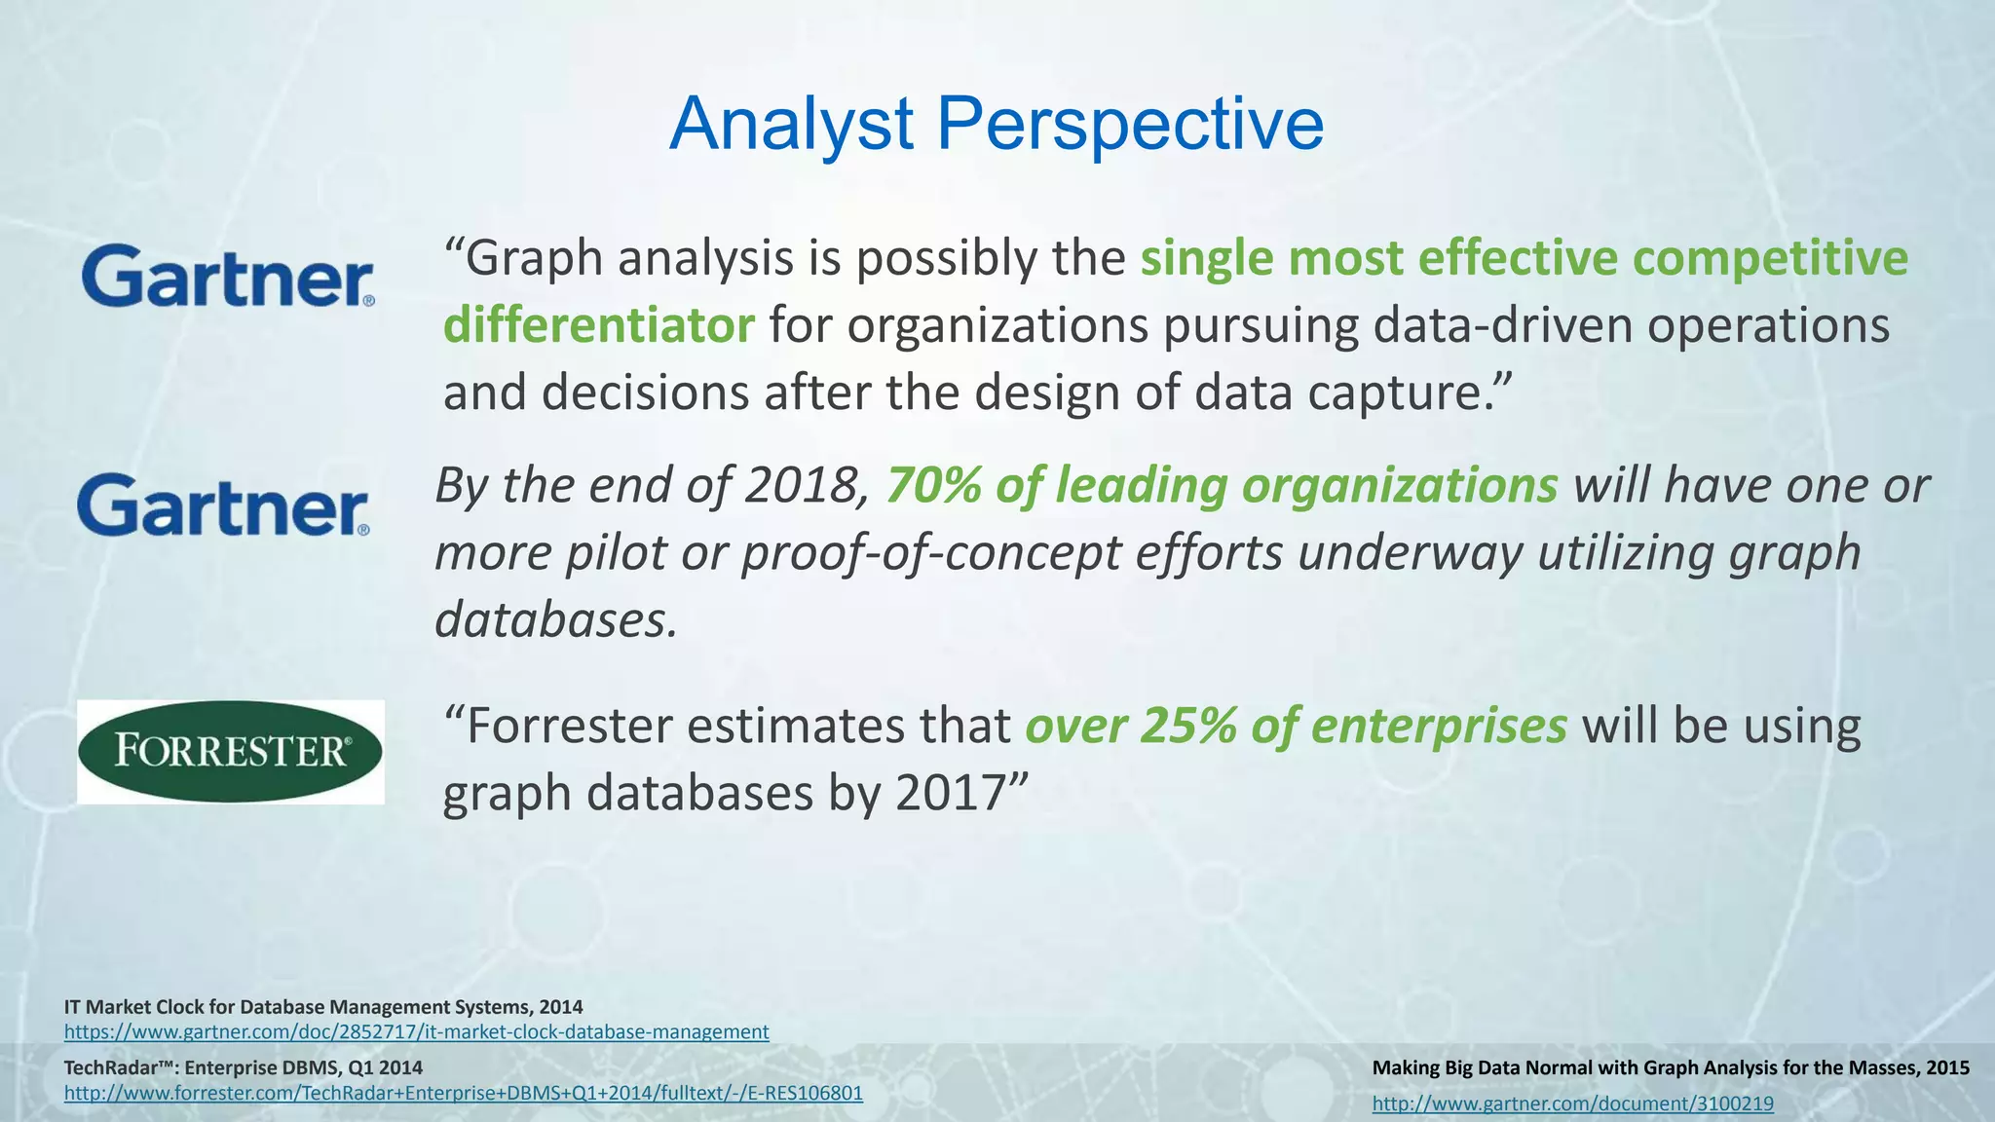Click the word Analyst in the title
click(x=791, y=125)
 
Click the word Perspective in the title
click(x=1130, y=125)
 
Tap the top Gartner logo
click(x=228, y=276)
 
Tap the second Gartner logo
click(x=223, y=505)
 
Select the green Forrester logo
click(x=231, y=751)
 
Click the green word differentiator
click(x=599, y=325)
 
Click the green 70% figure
click(x=933, y=485)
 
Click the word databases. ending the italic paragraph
click(x=555, y=619)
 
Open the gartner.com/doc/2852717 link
click(x=416, y=1031)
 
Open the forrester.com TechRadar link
click(x=463, y=1093)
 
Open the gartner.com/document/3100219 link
click(x=1572, y=1103)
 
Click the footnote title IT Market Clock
click(x=323, y=1006)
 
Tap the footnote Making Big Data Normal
click(x=1670, y=1067)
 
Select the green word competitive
click(x=1770, y=259)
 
